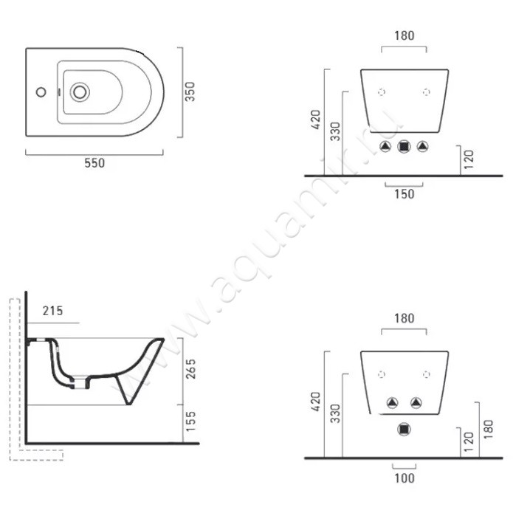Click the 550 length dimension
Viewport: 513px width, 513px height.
coord(94,163)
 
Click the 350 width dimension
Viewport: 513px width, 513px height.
coord(190,92)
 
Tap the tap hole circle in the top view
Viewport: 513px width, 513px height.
coord(41,92)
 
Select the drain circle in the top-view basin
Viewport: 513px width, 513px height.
coord(80,92)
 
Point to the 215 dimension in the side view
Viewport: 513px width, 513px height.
coord(52,311)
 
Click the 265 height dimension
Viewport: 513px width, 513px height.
coord(190,369)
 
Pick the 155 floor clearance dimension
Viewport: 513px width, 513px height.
coord(190,421)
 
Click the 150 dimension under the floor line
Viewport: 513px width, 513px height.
coord(404,194)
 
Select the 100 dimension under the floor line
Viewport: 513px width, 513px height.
coord(404,478)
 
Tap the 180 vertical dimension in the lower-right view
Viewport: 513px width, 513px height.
coord(487,430)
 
